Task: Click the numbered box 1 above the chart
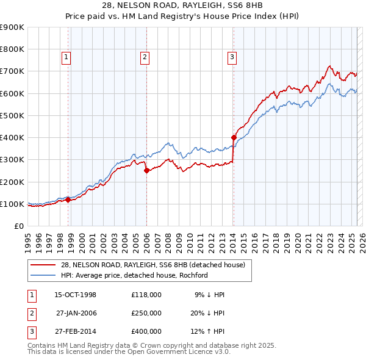coord(66,58)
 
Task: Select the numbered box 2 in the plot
coord(145,58)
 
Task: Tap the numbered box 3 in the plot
coord(232,58)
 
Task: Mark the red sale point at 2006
coord(146,171)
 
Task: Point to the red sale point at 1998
coord(68,200)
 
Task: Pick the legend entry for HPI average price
coord(134,275)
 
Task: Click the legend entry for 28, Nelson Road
coord(152,265)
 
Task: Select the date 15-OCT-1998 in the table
coord(76,295)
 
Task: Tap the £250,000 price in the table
coord(146,314)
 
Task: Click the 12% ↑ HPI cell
coord(207,333)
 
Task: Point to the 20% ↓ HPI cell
coord(207,314)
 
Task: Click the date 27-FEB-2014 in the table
coord(76,333)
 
